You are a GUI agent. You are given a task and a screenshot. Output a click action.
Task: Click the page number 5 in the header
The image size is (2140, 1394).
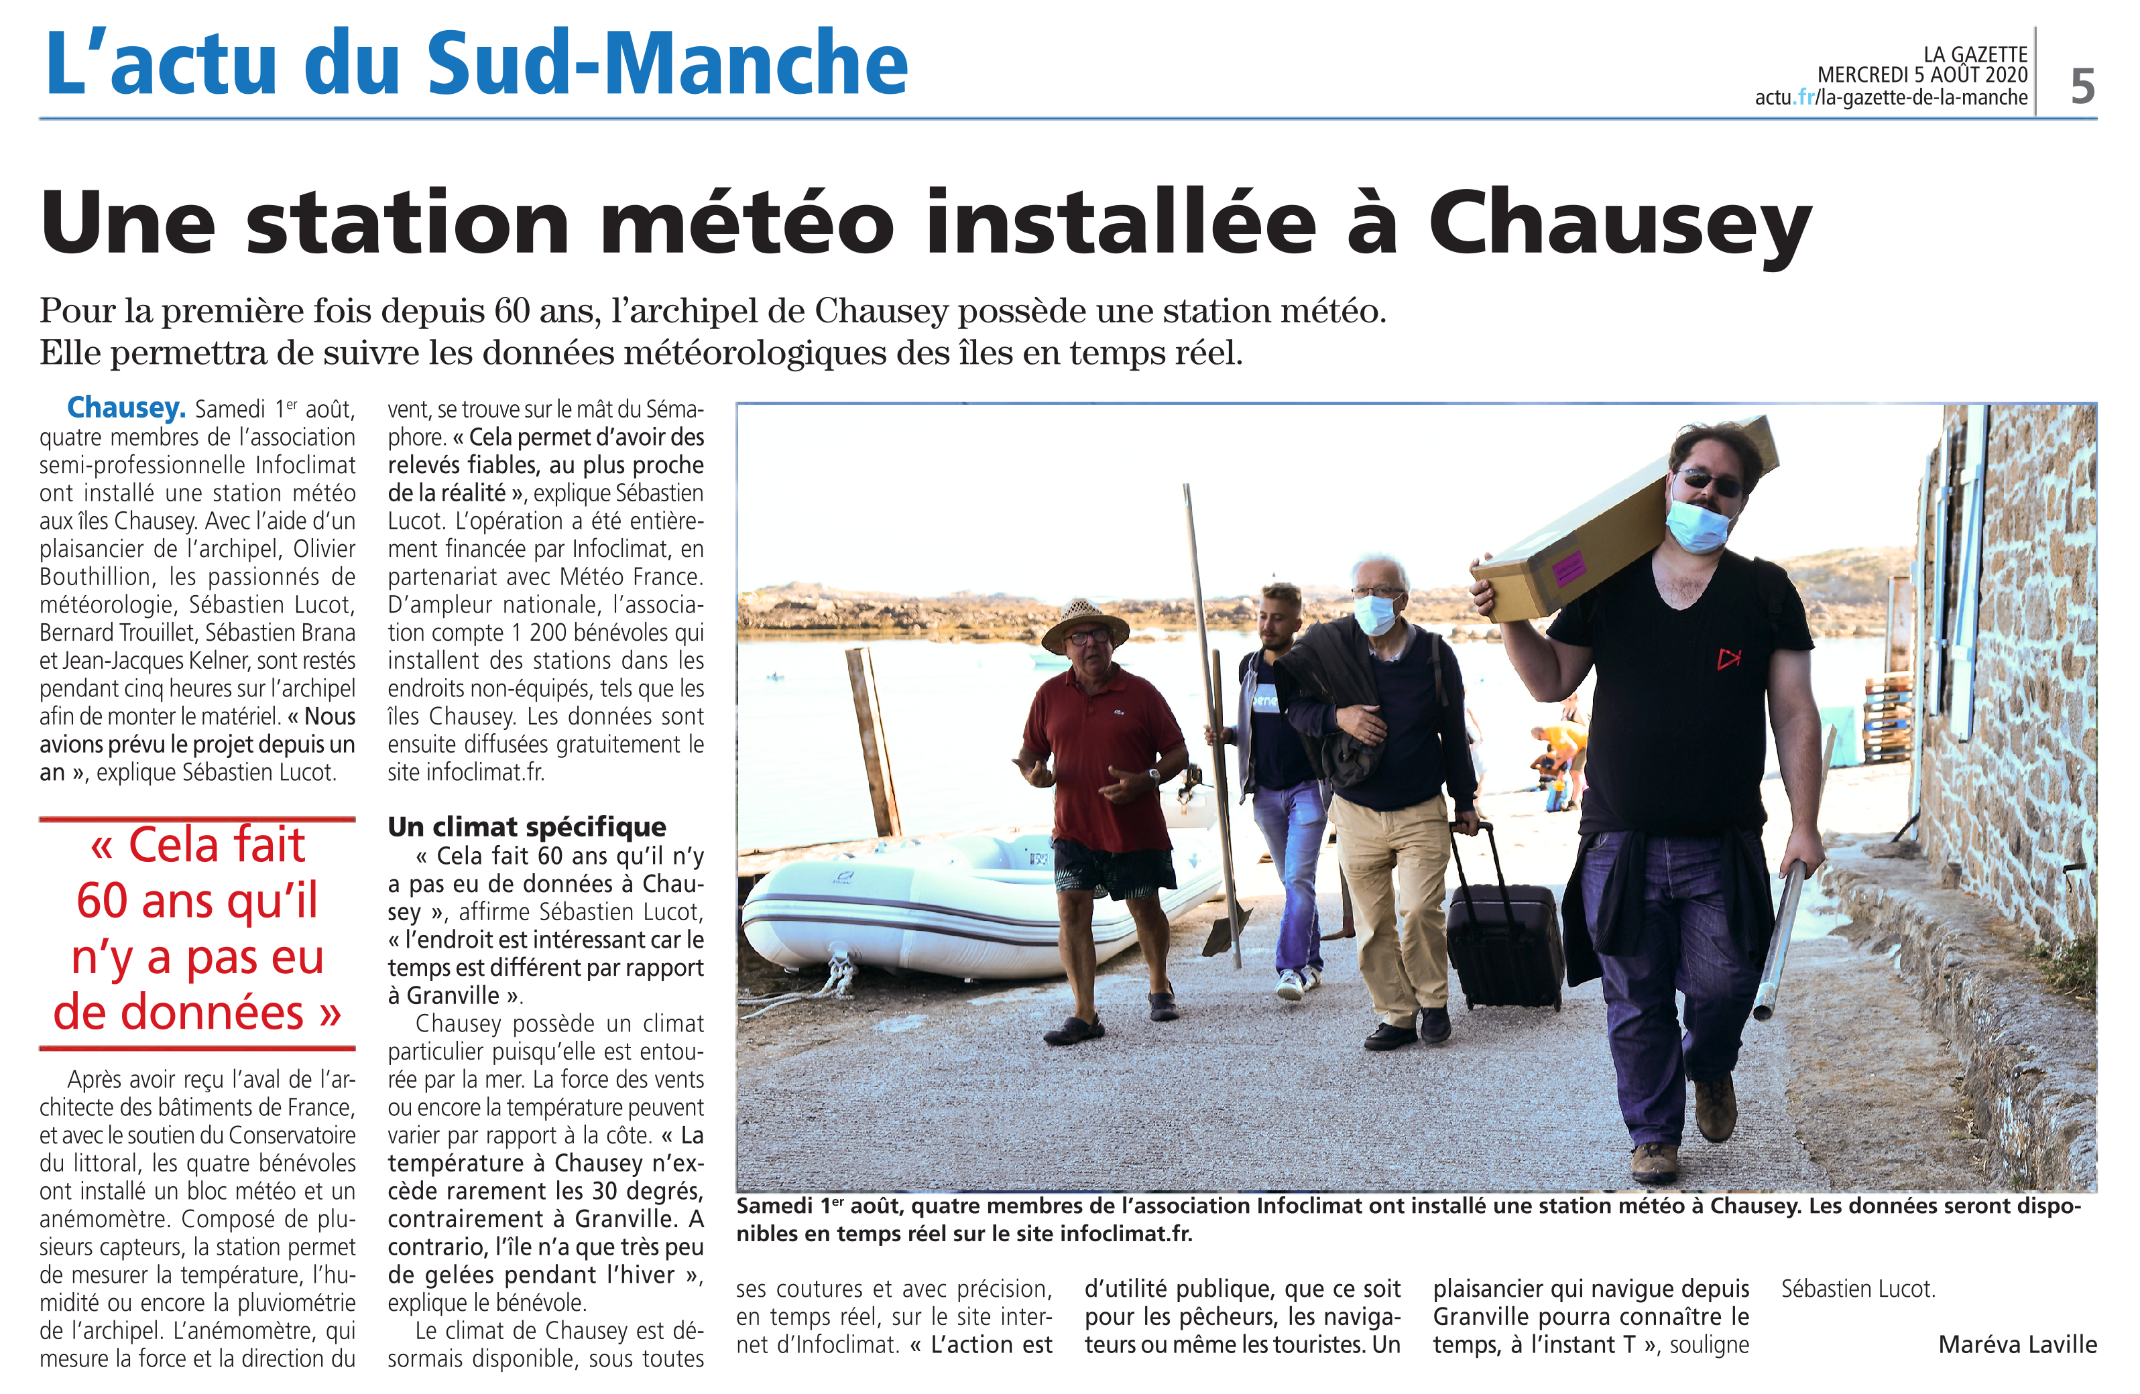2082,86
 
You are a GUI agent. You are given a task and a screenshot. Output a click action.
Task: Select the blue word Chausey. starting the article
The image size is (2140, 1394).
126,408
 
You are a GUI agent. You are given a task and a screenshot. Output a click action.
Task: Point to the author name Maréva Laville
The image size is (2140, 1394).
2017,1344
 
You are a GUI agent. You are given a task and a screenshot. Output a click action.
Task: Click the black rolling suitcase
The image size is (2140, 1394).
1504,944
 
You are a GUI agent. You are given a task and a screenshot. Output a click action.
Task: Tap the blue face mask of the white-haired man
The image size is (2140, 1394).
1374,614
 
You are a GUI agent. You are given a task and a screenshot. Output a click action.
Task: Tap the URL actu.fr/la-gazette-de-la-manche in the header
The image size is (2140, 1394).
1890,98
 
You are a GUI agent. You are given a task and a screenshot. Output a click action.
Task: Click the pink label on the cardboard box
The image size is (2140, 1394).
1568,569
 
